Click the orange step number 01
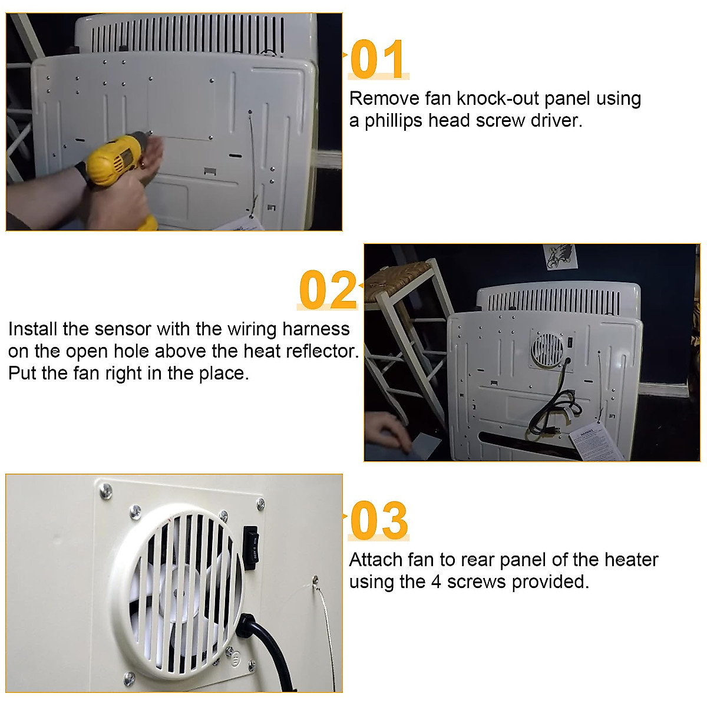pyautogui.click(x=377, y=59)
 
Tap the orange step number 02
pyautogui.click(x=328, y=290)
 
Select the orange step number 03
pyautogui.click(x=378, y=520)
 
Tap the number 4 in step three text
pyautogui.click(x=436, y=582)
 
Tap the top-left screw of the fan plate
pyautogui.click(x=105, y=490)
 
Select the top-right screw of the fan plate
pyautogui.click(x=260, y=504)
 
